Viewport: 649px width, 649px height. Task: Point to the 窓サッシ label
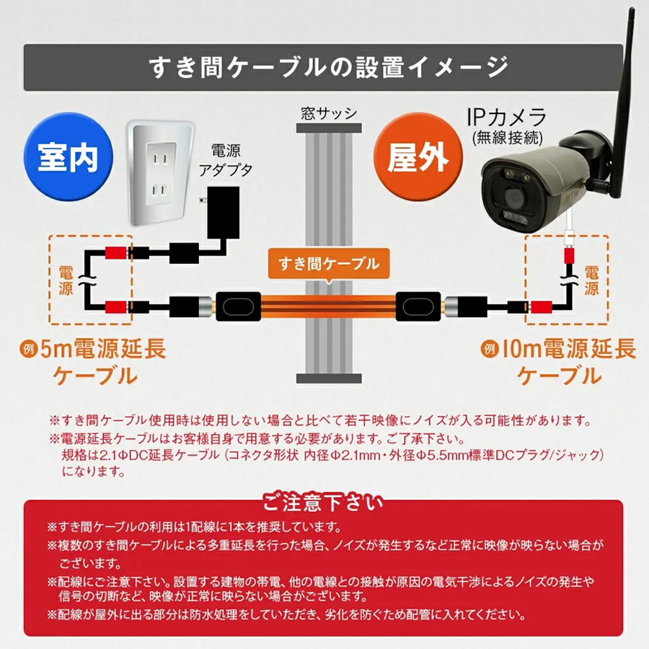[x=329, y=113]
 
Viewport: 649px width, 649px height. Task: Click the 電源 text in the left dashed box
[x=65, y=280]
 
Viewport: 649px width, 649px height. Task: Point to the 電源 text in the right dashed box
[x=591, y=280]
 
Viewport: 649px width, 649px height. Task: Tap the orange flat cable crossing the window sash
[x=329, y=306]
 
